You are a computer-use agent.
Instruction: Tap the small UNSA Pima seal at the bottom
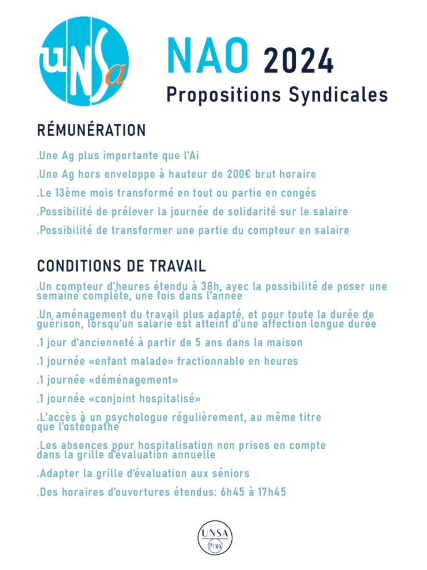click(215, 538)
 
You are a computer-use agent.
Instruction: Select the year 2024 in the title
click(299, 61)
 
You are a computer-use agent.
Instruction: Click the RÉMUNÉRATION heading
click(91, 130)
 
